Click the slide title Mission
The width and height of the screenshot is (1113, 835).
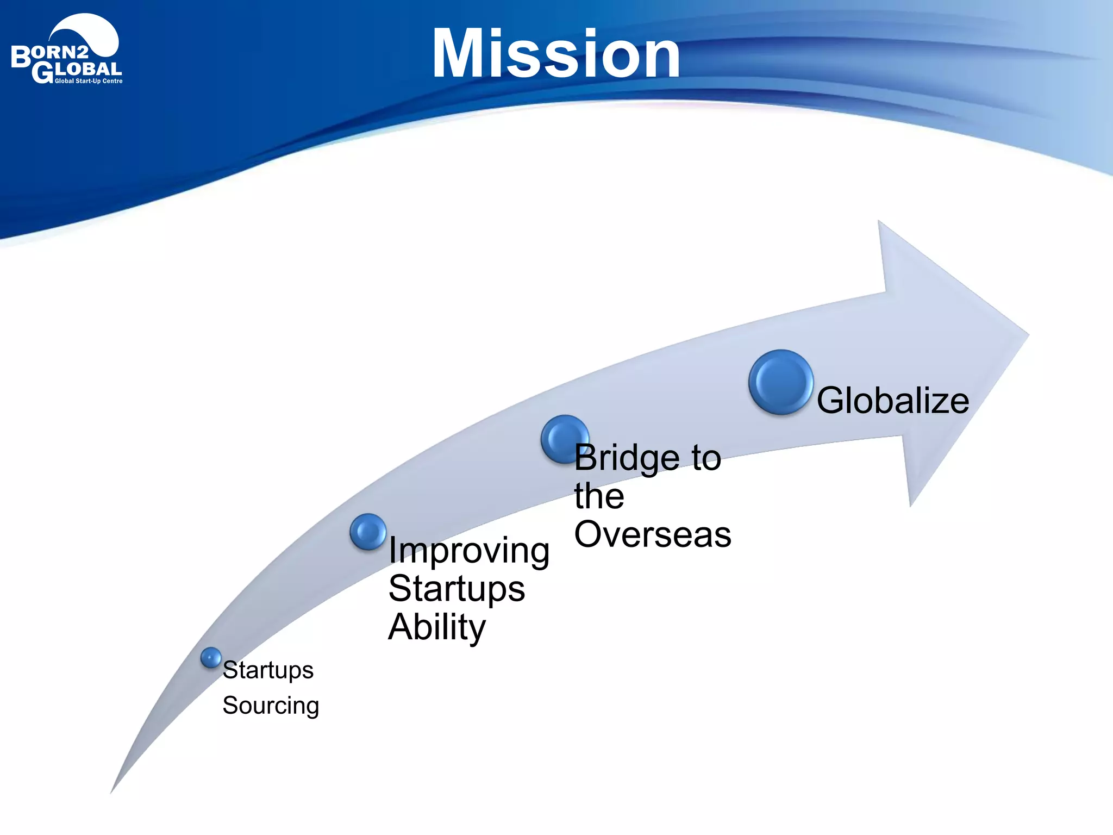pyautogui.click(x=555, y=54)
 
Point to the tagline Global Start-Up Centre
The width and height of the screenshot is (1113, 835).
pyautogui.click(x=89, y=82)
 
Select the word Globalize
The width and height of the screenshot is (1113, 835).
pyautogui.click(x=892, y=401)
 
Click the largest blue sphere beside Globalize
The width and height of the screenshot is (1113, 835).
pyautogui.click(x=780, y=382)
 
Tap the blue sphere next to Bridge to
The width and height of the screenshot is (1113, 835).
pyautogui.click(x=564, y=438)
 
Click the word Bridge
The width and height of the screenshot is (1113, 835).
pyautogui.click(x=627, y=458)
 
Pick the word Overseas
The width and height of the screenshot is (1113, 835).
pyautogui.click(x=652, y=534)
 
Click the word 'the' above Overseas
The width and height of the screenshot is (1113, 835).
pyautogui.click(x=599, y=496)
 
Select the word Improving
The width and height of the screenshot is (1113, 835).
pyautogui.click(x=469, y=551)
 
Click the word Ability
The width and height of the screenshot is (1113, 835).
pyautogui.click(x=436, y=627)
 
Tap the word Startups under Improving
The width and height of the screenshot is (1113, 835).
pyautogui.click(x=457, y=589)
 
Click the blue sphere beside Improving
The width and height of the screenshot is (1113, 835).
pyautogui.click(x=368, y=531)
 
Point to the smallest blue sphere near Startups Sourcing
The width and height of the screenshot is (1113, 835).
pyautogui.click(x=211, y=658)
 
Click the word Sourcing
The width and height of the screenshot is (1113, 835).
pyautogui.click(x=271, y=706)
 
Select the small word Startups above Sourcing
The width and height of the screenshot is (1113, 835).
pyautogui.click(x=268, y=670)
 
